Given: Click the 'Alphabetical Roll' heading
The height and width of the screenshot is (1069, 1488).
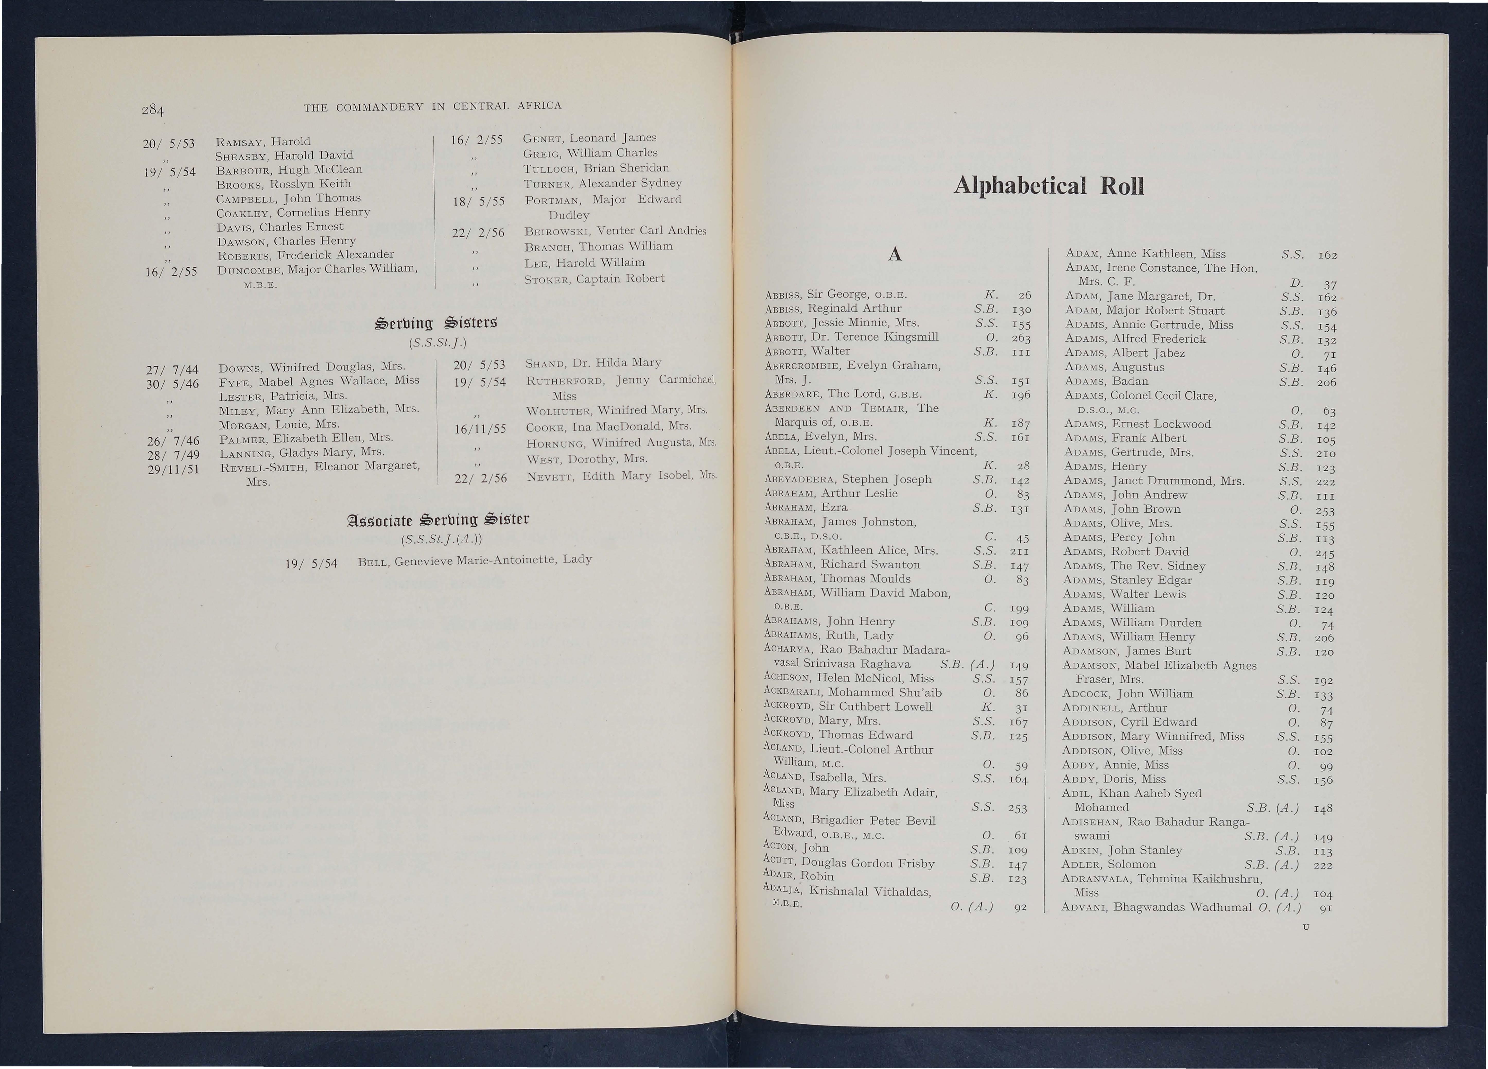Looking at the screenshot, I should (1048, 186).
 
